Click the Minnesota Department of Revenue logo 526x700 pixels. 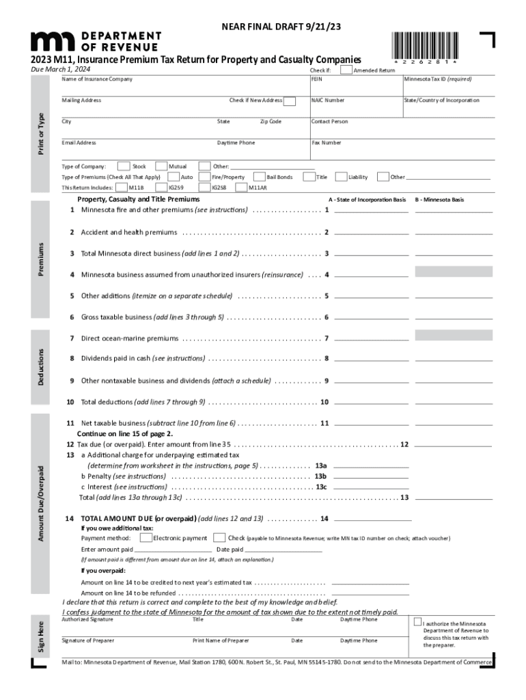(x=96, y=42)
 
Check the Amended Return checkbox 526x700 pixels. (x=346, y=70)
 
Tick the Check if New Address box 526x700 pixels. (x=290, y=101)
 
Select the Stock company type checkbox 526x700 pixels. (x=124, y=166)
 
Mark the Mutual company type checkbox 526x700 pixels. (x=161, y=166)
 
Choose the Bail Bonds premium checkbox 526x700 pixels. (x=259, y=177)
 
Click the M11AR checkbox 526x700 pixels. (x=240, y=187)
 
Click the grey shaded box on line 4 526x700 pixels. (x=454, y=271)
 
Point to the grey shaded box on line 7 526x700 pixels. (x=454, y=335)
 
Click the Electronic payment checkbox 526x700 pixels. (x=146, y=538)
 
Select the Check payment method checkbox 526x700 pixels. (x=220, y=538)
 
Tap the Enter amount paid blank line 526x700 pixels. (x=173, y=549)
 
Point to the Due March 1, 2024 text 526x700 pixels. (x=57, y=70)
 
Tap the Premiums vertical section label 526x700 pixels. (x=40, y=259)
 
